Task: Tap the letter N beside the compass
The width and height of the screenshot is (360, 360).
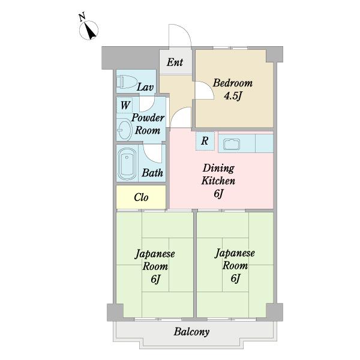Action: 82,17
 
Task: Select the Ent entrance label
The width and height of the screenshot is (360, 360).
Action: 175,62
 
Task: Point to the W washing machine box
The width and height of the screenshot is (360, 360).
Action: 125,106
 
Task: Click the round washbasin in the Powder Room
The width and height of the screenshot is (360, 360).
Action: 124,130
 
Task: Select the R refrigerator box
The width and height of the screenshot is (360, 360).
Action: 205,141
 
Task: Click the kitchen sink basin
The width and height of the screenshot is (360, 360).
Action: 232,144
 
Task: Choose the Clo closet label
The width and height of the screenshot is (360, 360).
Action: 141,197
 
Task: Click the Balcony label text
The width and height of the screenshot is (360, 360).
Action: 191,332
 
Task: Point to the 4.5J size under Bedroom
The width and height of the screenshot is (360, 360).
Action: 233,96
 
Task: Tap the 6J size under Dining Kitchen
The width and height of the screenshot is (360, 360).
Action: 218,193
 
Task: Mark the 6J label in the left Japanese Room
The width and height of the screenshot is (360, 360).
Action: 155,279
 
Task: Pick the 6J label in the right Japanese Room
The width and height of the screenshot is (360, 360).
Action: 235,278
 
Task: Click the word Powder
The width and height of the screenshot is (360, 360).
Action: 148,118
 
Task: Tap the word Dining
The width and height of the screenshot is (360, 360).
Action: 218,168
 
